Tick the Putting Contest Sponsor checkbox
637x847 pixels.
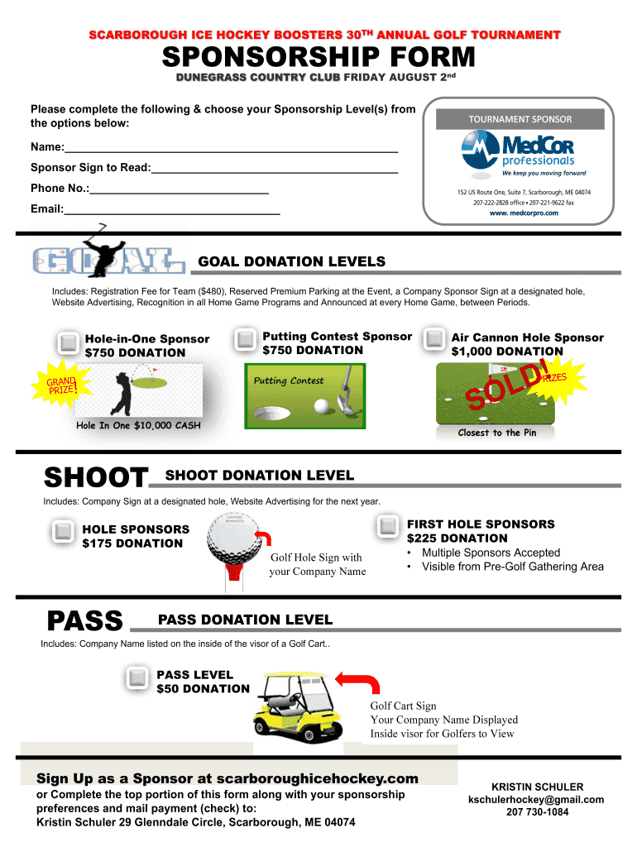coord(246,339)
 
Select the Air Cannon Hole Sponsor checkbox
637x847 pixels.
coord(434,339)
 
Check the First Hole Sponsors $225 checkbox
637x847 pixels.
coord(388,526)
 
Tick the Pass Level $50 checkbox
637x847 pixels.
coord(136,678)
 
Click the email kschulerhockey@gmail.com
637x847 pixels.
coord(536,800)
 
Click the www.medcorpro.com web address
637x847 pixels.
coord(523,213)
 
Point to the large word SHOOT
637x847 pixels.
coord(95,478)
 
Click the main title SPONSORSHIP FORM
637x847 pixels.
coord(318,58)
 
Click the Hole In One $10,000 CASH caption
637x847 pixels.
coord(138,426)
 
